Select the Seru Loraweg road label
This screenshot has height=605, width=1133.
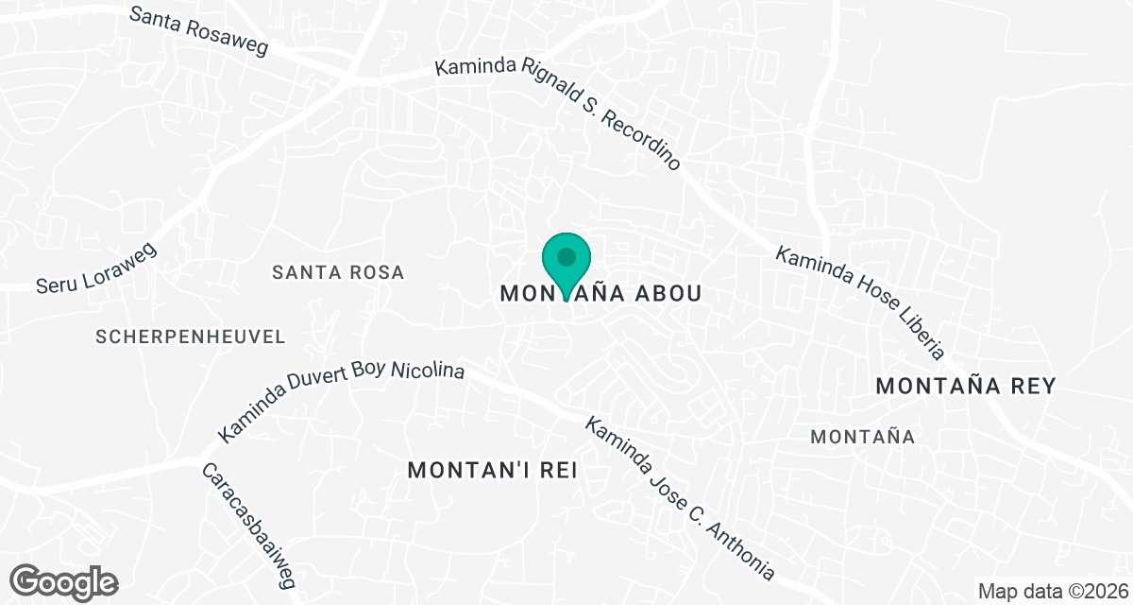95,268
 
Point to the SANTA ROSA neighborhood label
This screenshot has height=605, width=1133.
338,272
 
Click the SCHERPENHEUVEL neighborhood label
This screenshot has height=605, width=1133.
191,337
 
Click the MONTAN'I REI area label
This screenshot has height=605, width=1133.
492,470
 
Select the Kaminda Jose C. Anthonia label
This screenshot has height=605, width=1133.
680,499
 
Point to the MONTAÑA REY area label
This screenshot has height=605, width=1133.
965,386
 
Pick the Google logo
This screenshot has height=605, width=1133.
65,581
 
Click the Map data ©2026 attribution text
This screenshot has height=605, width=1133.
1052,592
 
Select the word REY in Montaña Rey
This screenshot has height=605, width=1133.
1030,386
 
